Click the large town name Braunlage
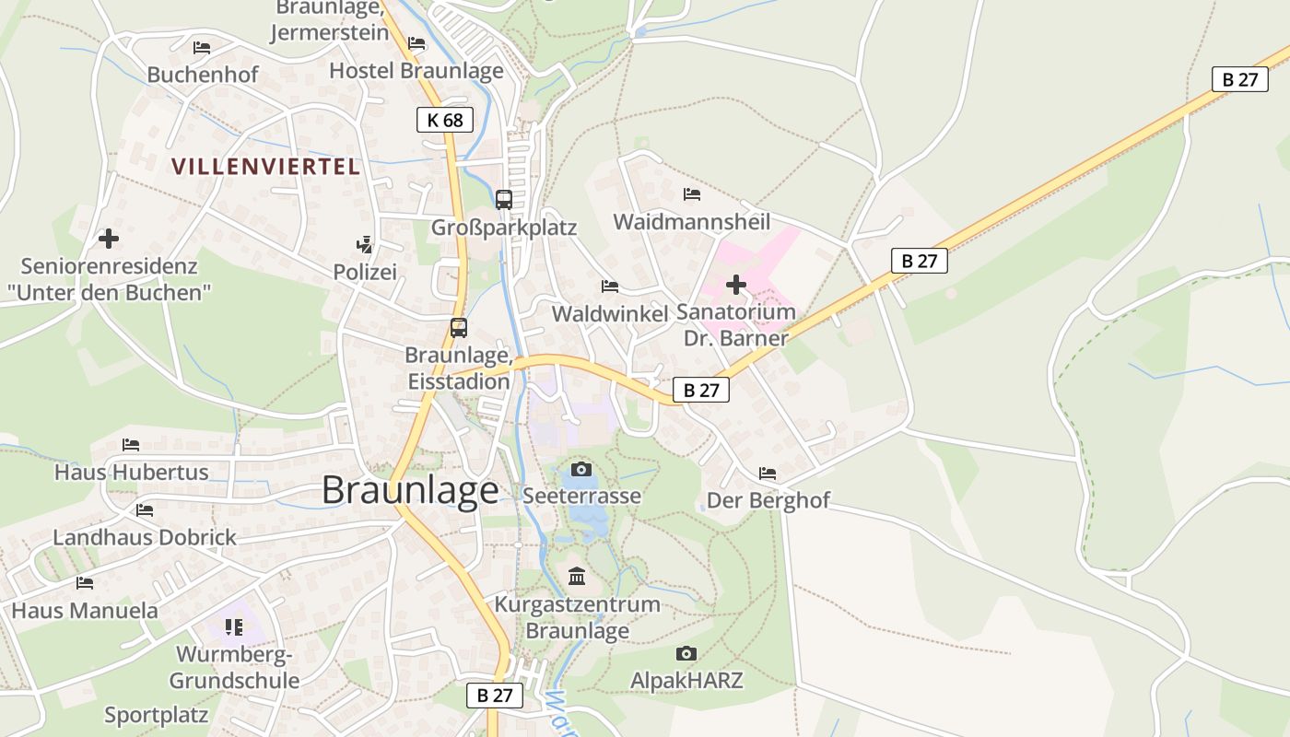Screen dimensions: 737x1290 coord(410,490)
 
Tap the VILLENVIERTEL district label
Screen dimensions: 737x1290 coord(265,167)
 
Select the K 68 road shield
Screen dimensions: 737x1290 coord(445,120)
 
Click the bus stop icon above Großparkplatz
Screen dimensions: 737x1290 coord(503,199)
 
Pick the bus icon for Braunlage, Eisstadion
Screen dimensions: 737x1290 coord(458,327)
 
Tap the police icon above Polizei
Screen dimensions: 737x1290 coord(365,244)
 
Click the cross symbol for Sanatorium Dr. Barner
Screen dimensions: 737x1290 coord(735,284)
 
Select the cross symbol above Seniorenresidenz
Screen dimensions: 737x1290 coord(109,239)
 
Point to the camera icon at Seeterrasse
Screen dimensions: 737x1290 coord(580,469)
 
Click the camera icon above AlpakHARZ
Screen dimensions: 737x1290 coord(686,653)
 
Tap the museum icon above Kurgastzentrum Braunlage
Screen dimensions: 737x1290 coord(577,577)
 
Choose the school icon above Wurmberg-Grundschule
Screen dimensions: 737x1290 coord(234,627)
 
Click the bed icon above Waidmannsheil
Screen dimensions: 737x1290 coord(691,194)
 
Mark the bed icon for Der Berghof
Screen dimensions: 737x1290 coord(767,474)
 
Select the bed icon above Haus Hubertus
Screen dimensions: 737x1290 coord(131,445)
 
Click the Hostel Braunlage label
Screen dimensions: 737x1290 coord(416,71)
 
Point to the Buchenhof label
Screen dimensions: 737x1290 coord(203,75)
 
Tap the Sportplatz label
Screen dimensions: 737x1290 coord(157,715)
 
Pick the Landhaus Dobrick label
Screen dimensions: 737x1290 coord(145,537)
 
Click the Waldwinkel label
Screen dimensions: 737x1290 coord(609,313)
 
